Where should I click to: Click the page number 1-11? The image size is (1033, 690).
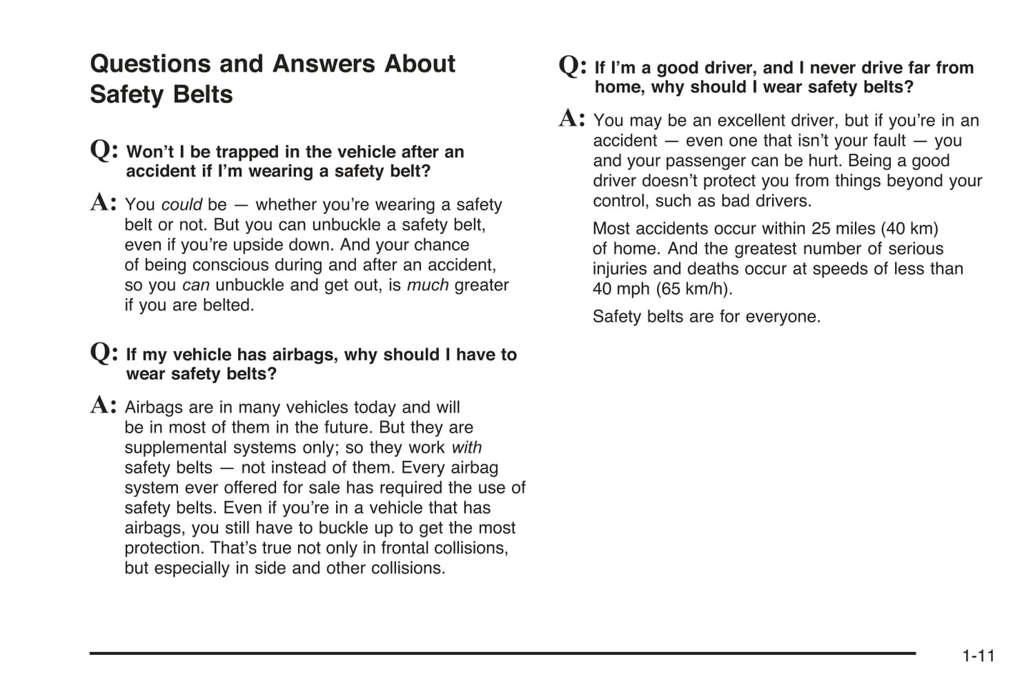978,656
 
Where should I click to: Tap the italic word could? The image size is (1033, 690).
182,204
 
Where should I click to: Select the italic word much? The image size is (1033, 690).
427,285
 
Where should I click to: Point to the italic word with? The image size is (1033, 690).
467,448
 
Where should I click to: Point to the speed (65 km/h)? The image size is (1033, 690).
693,290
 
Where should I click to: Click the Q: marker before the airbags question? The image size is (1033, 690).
104,353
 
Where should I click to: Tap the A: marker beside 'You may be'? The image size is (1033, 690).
572,118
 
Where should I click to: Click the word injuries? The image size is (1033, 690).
619,270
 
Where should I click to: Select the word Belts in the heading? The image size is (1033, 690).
203,95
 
